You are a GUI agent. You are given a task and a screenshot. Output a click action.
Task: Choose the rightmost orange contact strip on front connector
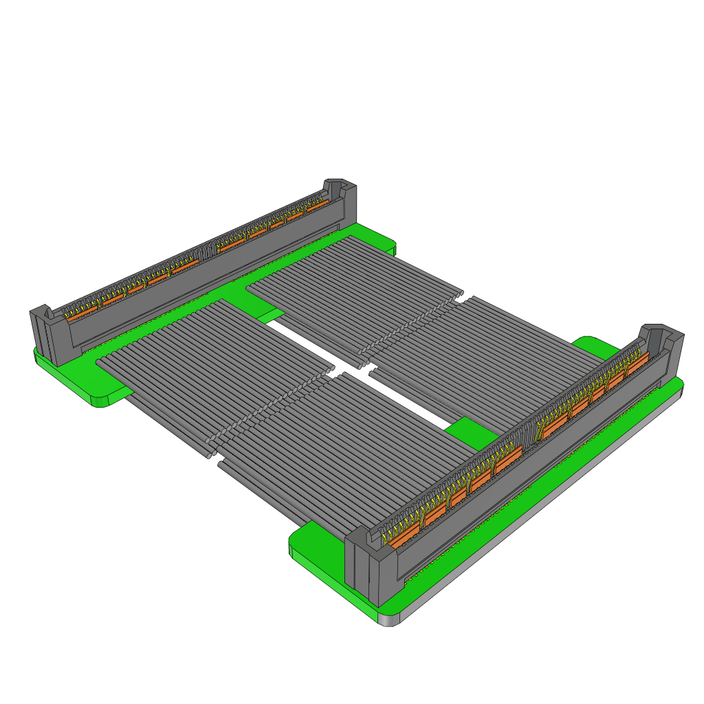(x=637, y=362)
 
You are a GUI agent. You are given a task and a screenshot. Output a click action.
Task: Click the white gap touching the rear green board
(x=289, y=330)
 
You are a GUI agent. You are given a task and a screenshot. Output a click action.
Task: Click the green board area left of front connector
(x=316, y=543)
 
